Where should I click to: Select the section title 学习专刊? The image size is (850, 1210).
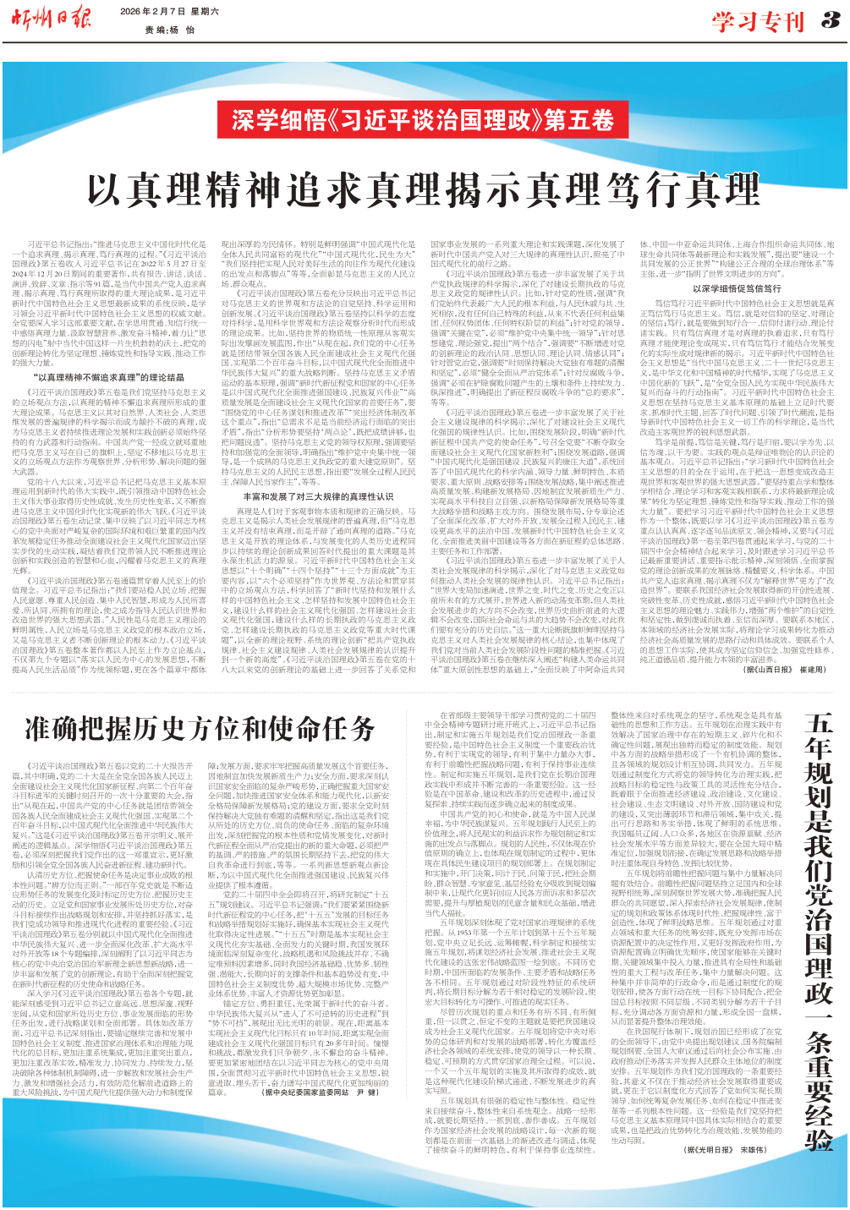pyautogui.click(x=757, y=21)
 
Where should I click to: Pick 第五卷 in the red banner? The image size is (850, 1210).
pyautogui.click(x=579, y=118)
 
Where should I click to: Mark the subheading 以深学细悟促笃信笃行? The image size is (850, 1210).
pyautogui.click(x=737, y=288)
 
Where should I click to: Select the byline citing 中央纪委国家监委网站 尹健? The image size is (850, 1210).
pyautogui.click(x=319, y=1092)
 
